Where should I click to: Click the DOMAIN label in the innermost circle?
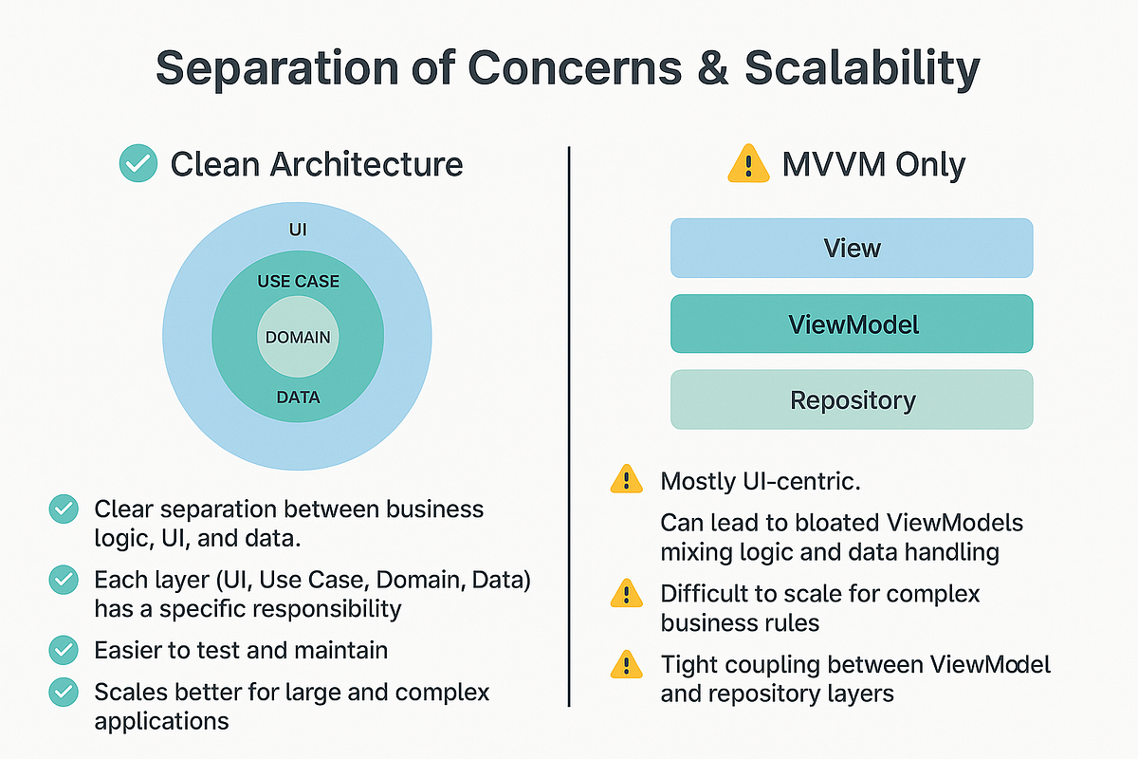(x=298, y=338)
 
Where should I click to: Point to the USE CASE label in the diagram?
(x=298, y=282)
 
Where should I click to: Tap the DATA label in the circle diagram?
(x=298, y=398)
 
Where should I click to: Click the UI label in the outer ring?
(x=298, y=231)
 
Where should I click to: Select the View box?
(x=851, y=249)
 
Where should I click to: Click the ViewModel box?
(x=851, y=324)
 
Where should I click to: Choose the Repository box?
(x=851, y=399)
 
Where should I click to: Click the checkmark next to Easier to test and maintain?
(x=64, y=650)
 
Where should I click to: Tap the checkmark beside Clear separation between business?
(x=64, y=509)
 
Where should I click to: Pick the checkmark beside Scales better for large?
(x=64, y=693)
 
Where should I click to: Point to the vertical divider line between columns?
(x=568, y=427)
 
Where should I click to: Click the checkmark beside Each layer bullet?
(x=64, y=578)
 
